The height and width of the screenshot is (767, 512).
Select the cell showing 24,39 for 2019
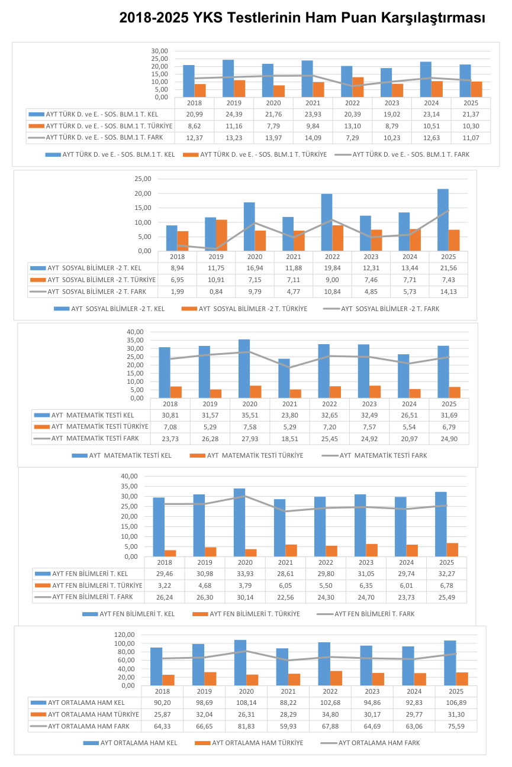pyautogui.click(x=234, y=114)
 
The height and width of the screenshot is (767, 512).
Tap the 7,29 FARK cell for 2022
pyautogui.click(x=352, y=138)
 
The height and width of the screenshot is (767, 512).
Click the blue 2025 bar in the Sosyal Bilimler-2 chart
pyautogui.click(x=443, y=220)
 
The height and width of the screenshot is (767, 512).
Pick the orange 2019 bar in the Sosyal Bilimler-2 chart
pyautogui.click(x=221, y=235)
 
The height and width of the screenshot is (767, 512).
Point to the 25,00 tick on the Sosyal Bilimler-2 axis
pyautogui.click(x=143, y=179)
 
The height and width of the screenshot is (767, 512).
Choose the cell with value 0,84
pyautogui.click(x=216, y=292)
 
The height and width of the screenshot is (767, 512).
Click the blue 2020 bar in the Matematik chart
pyautogui.click(x=244, y=369)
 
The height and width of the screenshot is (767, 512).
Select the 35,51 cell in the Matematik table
pyautogui.click(x=250, y=415)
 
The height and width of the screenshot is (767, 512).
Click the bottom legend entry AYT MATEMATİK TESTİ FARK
pyautogui.click(x=375, y=455)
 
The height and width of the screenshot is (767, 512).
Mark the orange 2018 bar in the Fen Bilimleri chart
pyautogui.click(x=170, y=554)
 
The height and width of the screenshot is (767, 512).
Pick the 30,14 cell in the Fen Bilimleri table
pyautogui.click(x=245, y=597)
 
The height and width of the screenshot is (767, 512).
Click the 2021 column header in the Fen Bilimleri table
pyautogui.click(x=285, y=562)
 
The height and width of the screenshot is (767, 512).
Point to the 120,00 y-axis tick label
pyautogui.click(x=124, y=635)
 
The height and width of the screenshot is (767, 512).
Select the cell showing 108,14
pyautogui.click(x=246, y=703)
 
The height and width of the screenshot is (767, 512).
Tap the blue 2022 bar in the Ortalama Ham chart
pyautogui.click(x=324, y=664)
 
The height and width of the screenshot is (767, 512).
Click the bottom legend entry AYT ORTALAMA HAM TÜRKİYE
pyautogui.click(x=249, y=743)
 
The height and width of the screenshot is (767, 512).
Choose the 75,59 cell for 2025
pyautogui.click(x=456, y=726)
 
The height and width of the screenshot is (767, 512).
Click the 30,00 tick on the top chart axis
pyautogui.click(x=160, y=51)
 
